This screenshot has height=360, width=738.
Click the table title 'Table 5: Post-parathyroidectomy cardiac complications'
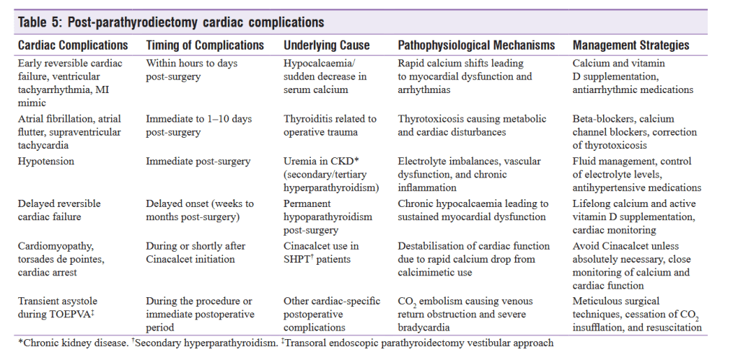(171, 22)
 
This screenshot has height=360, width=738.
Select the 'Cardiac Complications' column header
(72, 45)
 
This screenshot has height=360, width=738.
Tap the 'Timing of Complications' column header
(205, 45)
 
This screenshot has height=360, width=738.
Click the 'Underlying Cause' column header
(327, 45)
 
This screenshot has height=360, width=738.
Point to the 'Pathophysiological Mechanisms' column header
(476, 45)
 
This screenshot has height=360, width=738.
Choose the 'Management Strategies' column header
(631, 45)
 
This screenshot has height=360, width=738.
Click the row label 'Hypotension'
(45, 161)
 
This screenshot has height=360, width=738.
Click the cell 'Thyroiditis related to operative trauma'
(330, 126)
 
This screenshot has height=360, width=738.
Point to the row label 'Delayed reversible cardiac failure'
(59, 210)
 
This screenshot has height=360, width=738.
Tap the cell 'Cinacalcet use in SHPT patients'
(321, 253)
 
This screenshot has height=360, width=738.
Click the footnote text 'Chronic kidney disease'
(69, 343)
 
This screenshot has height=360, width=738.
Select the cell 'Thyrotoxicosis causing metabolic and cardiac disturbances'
(472, 126)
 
